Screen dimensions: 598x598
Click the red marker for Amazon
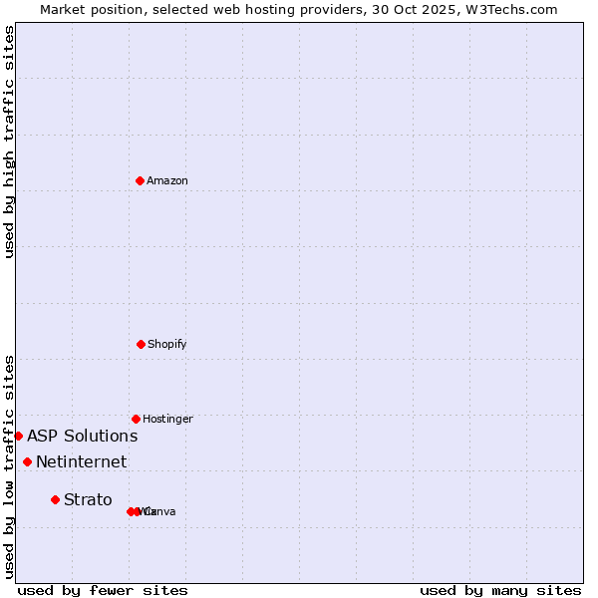pos(140,180)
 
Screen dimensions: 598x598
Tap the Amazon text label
pos(167,180)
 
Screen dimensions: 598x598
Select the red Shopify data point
pos(141,344)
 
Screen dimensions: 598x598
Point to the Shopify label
pos(167,344)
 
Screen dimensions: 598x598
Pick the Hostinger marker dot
pos(136,419)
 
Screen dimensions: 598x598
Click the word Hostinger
pos(167,419)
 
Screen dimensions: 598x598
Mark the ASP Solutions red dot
pos(18,436)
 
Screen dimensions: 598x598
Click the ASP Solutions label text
pos(82,436)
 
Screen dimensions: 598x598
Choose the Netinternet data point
pos(27,461)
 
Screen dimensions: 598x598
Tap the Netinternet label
pos(81,461)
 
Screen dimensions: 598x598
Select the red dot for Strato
pos(55,499)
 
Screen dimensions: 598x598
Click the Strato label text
pos(88,499)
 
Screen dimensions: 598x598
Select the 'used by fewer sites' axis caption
pos(103,590)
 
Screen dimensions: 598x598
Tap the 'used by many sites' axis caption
pos(500,590)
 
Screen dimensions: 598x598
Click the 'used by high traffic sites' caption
pos(9,142)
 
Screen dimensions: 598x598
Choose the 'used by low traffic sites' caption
pos(9,466)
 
